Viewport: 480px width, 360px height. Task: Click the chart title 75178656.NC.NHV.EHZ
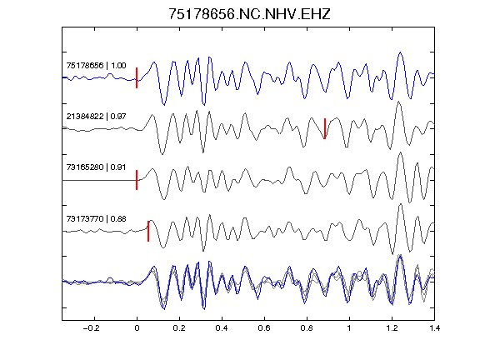(249, 14)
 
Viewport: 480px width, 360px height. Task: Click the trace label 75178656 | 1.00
(96, 66)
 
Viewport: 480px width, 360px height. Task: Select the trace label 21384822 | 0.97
(96, 117)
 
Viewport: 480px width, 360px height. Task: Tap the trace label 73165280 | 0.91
(96, 167)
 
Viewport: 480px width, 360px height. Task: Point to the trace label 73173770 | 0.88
(96, 219)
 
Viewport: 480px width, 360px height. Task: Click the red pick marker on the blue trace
(137, 78)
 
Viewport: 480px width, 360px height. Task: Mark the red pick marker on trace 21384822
(325, 128)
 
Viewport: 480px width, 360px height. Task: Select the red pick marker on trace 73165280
(137, 180)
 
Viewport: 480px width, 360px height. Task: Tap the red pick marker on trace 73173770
(148, 231)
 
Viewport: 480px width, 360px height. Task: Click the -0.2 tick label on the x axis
(92, 328)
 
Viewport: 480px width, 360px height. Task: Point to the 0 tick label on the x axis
(137, 328)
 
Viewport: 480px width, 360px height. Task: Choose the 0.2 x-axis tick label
(179, 328)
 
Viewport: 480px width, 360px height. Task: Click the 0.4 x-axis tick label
(222, 328)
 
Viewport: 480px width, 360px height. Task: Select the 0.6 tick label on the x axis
(264, 328)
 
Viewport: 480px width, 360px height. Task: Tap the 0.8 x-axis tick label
(307, 328)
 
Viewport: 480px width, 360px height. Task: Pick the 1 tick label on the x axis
(349, 328)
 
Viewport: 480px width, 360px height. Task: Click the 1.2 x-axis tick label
(392, 328)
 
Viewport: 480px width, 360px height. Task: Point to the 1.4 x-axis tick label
(434, 328)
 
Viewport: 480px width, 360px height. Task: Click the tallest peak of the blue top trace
(400, 52)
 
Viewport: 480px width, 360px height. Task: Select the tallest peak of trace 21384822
(398, 102)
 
